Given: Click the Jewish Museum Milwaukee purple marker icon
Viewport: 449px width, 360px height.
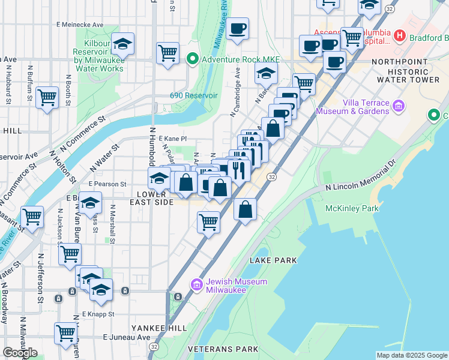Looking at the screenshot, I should coord(196,284).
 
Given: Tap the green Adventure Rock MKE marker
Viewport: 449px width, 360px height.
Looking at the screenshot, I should coord(192,59).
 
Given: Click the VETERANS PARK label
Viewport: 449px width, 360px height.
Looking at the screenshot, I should coord(223,349).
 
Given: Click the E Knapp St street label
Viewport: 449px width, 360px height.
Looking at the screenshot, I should coord(98,314).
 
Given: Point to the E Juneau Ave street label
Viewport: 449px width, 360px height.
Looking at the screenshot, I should coord(127,337).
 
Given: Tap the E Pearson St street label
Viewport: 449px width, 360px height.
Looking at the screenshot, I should coord(107,184).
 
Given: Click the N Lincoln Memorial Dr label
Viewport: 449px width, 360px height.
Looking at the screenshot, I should coord(361,175).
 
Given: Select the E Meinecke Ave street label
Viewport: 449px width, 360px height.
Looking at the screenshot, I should coord(80,25).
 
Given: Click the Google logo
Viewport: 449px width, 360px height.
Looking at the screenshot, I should coord(20,353).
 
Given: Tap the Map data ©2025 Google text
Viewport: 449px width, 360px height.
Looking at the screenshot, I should coord(411,355).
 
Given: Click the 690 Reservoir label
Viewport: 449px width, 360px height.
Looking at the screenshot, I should coord(193,95).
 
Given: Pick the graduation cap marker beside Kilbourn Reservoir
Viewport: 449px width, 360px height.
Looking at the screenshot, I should coord(122,44).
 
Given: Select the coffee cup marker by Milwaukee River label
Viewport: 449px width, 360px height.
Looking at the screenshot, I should coord(237,29).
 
